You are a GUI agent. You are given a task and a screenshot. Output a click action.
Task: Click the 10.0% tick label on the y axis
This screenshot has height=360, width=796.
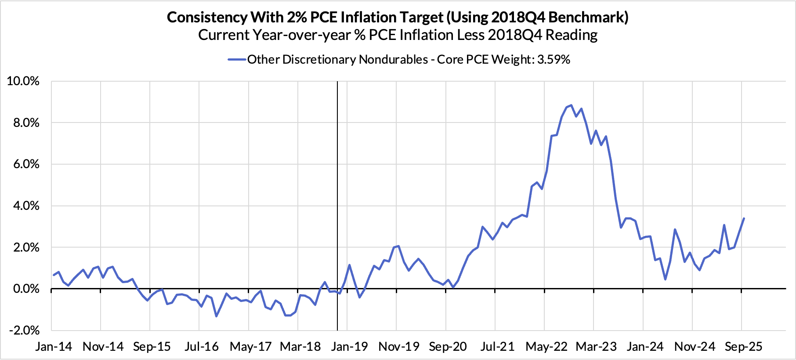click(23, 81)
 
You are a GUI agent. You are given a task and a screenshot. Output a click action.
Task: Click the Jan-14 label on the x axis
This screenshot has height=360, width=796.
click(54, 346)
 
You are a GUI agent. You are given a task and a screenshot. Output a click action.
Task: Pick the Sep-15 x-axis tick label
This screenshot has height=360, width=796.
click(152, 346)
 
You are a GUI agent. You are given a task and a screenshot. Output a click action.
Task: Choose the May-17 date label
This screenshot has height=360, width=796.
click(251, 346)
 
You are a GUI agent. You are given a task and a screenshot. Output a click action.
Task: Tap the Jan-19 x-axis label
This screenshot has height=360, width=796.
click(349, 346)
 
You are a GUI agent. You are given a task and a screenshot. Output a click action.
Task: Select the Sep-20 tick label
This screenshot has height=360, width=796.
click(448, 346)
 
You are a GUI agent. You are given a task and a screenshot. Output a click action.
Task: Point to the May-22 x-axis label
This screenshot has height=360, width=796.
click(546, 346)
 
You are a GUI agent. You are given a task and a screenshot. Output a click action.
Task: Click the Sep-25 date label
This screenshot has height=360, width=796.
click(743, 346)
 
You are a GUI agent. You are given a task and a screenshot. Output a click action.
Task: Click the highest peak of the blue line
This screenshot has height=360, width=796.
click(571, 105)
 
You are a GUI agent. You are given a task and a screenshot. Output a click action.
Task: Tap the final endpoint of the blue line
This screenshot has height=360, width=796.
click(744, 218)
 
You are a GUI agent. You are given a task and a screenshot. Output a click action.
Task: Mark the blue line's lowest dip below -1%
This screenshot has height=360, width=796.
click(216, 316)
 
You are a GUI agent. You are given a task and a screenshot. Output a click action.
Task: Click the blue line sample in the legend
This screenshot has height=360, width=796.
click(237, 60)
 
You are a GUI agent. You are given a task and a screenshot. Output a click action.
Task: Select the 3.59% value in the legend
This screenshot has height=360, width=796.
click(554, 60)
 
